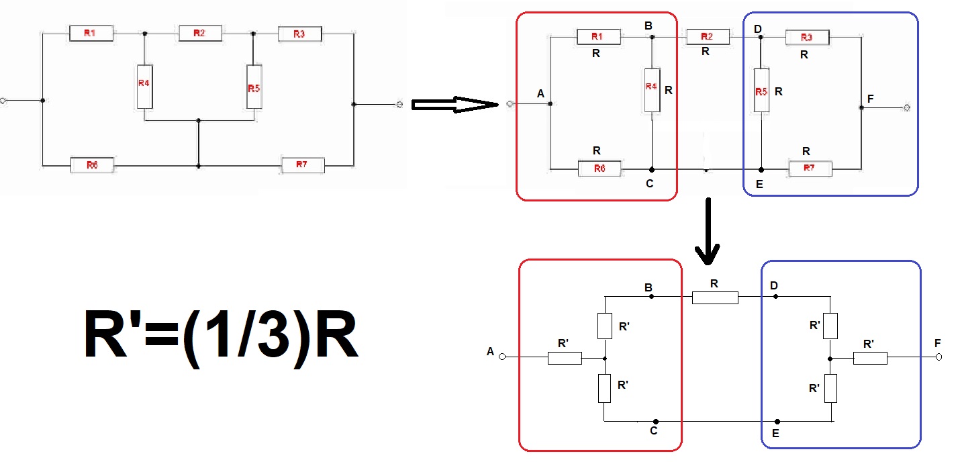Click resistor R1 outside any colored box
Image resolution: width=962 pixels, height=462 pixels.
91,34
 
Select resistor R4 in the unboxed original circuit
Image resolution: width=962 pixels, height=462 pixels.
145,87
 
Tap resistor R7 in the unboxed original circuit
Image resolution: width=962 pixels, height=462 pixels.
303,165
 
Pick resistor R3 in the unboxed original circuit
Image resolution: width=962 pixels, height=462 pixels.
300,34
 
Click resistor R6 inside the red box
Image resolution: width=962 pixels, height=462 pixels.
599,169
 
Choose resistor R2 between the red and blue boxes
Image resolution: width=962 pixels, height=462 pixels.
708,37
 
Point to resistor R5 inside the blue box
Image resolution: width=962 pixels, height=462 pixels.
761,90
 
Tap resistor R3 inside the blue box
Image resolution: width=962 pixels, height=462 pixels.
808,38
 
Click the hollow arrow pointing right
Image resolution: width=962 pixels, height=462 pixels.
455,105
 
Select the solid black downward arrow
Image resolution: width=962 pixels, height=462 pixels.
708,231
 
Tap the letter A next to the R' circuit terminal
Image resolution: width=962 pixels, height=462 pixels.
491,352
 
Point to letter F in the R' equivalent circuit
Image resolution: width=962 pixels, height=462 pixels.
938,343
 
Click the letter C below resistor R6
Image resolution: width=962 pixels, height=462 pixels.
650,183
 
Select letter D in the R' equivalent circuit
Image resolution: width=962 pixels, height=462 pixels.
774,286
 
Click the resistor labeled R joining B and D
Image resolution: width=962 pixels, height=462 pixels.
715,297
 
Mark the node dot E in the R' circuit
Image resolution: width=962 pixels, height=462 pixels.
777,422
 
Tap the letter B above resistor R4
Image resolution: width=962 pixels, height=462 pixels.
648,26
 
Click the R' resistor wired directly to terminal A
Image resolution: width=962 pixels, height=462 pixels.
565,358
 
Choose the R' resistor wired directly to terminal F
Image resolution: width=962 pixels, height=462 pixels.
870,358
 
